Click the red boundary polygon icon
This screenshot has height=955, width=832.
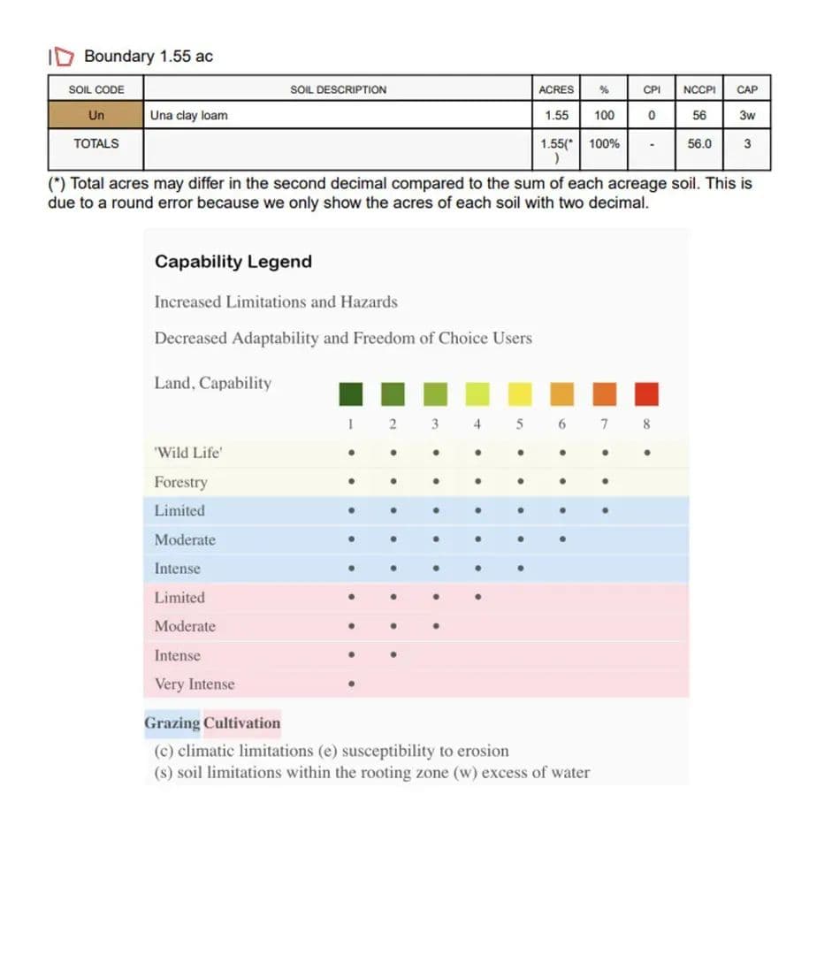tap(62, 57)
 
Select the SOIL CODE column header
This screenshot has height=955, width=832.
tap(96, 89)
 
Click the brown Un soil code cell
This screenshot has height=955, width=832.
tap(96, 115)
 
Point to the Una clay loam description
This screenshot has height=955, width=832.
tap(188, 115)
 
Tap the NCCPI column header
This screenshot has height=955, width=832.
tap(698, 89)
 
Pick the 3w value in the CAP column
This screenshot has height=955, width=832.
tap(747, 115)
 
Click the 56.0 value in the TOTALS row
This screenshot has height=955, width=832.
tap(698, 143)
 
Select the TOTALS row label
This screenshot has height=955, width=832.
tap(96, 143)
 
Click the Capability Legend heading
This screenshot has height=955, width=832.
tap(233, 262)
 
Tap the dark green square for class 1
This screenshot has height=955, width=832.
tap(351, 393)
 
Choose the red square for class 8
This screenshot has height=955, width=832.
tap(646, 393)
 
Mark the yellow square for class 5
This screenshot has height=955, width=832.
tap(520, 393)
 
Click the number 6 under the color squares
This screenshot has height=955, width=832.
tap(562, 424)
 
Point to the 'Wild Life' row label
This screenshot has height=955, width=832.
tap(188, 454)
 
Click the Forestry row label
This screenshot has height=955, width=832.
tap(180, 482)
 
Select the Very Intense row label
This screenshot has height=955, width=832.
tap(195, 684)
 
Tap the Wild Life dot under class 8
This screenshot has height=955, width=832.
tap(647, 454)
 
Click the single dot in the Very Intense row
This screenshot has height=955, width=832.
tap(351, 684)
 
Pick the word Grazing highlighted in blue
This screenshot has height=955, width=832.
tap(172, 722)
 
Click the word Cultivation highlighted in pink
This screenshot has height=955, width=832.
tap(242, 722)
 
